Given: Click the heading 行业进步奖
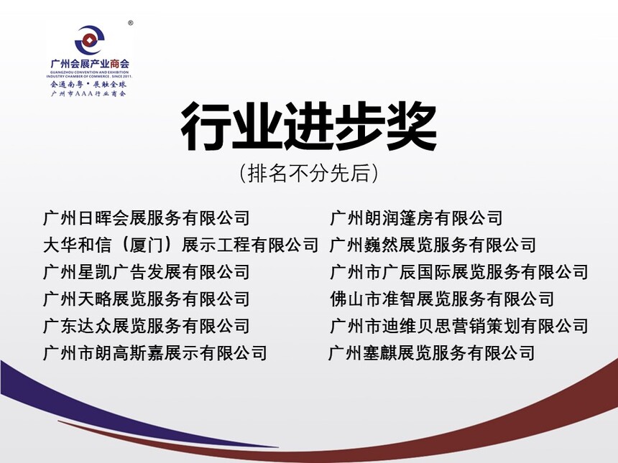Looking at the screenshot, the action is pos(308,126).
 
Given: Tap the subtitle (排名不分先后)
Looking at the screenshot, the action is pos(308,173).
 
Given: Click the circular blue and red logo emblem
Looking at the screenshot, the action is pos(90,40).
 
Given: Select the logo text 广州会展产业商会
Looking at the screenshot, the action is pos(90,64).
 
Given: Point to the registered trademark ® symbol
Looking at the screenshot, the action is pos(131,23).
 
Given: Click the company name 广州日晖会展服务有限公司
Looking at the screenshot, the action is pos(146,218).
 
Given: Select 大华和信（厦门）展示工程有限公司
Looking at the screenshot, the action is pos(180,245).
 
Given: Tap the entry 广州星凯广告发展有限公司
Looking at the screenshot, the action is pos(146,272).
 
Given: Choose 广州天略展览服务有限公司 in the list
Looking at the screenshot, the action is pos(146,299).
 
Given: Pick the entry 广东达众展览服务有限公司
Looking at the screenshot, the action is pos(146,326).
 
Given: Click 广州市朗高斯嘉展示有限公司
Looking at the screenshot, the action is pos(155,352).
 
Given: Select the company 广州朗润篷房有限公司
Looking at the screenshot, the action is pos(416,218).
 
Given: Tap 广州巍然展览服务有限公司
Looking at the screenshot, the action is pos(433,245).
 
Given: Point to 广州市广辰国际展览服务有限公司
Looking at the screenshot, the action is pos(458,272).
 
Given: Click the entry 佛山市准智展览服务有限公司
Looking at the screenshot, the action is pos(442,299).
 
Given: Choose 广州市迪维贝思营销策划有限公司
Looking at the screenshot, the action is pos(458,326).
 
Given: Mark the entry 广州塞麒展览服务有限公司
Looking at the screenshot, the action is pos(432,352).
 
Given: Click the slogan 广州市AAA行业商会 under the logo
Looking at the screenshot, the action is pos(88,94).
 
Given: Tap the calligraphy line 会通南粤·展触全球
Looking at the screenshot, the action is pos(88,84).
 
